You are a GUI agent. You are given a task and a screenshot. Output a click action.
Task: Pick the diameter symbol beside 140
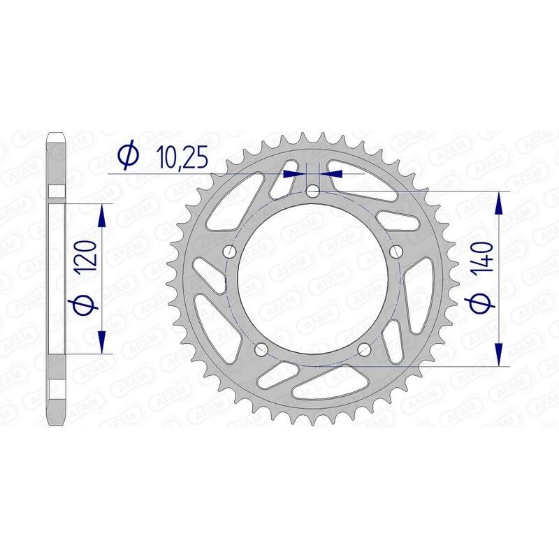coord(484,303)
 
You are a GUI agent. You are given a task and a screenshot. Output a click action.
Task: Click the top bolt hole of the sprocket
coord(313,191)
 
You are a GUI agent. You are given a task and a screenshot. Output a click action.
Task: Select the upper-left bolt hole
coord(228,252)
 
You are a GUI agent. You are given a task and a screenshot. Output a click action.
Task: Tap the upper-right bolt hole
coord(397,252)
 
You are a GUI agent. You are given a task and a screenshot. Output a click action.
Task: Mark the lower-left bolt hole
coord(261,350)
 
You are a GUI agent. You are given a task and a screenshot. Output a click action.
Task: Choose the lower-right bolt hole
coord(364,350)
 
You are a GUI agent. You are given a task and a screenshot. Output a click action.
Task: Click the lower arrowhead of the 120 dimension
coord(103,344)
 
